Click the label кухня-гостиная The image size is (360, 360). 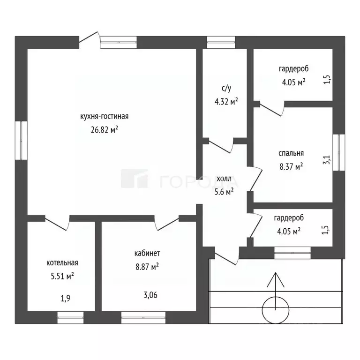(104, 116)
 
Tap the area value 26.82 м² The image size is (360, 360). (105, 130)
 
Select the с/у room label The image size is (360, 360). (226, 88)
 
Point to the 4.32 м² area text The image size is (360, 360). (226, 101)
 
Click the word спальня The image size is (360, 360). (291, 153)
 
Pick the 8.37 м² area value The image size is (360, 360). (291, 166)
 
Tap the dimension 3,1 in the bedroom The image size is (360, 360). (327, 159)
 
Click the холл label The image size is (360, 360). (224, 179)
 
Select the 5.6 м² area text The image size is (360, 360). (224, 191)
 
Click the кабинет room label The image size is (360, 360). (147, 253)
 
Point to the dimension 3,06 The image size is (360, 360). (150, 295)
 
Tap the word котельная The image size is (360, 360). (62, 262)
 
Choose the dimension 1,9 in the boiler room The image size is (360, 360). (66, 298)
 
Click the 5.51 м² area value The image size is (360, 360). (62, 276)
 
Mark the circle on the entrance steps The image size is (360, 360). (275, 310)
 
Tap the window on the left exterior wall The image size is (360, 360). (22, 140)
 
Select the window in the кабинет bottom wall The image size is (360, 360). (143, 317)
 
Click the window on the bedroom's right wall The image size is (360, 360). (339, 152)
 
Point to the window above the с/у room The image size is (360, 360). (221, 42)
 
